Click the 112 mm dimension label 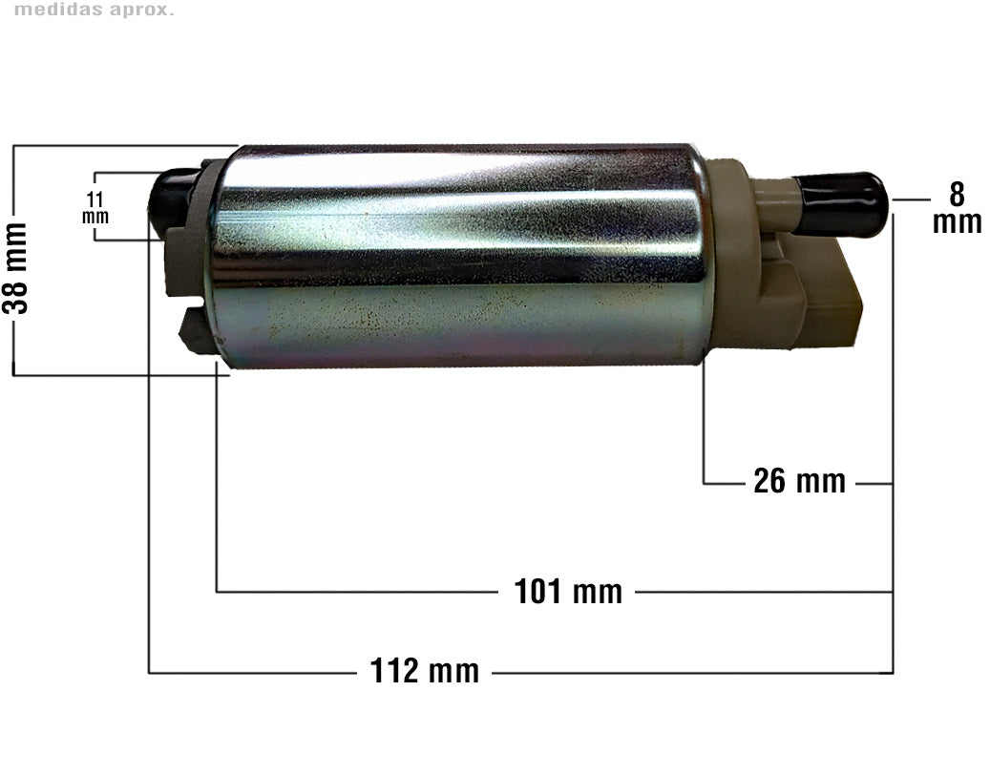[x=424, y=670]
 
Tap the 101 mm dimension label [x=568, y=592]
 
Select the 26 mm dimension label [x=799, y=481]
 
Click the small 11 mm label [x=95, y=208]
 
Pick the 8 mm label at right [x=957, y=208]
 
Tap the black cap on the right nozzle [x=840, y=204]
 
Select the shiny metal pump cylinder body [x=458, y=256]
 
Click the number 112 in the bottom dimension [x=395, y=670]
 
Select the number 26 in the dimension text [x=769, y=481]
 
